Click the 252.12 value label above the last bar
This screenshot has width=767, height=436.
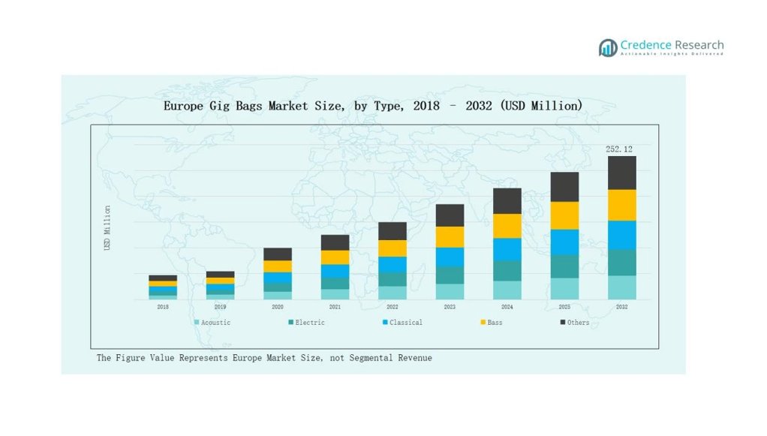point(618,149)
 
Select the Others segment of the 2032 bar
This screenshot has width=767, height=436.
point(621,173)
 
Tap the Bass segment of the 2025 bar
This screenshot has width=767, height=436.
point(564,215)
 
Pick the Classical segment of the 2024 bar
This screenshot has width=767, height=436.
point(507,249)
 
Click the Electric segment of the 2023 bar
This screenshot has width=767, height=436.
point(450,275)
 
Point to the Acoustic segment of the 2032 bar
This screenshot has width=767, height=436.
point(621,287)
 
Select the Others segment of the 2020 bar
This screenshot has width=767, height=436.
point(278,254)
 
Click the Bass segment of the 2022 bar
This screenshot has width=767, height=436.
point(393,248)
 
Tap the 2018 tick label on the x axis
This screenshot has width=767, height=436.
point(163,307)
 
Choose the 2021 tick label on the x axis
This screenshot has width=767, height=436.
point(335,307)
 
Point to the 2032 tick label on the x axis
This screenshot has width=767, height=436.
point(621,307)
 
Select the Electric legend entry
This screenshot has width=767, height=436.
point(307,323)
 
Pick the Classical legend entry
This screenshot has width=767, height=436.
point(403,323)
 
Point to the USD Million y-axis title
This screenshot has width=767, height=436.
point(107,228)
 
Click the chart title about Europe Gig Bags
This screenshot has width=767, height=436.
point(373,106)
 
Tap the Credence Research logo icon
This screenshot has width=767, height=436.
point(608,48)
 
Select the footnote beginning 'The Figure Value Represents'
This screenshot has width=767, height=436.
point(264,358)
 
